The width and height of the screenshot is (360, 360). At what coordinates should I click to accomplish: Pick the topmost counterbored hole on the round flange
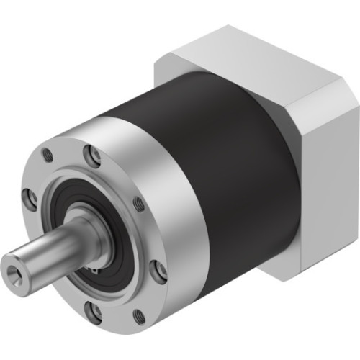tap(93, 153)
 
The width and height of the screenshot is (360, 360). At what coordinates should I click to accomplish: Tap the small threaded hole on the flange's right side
tap(139, 204)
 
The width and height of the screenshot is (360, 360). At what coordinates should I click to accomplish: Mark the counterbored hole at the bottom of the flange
tap(93, 310)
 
